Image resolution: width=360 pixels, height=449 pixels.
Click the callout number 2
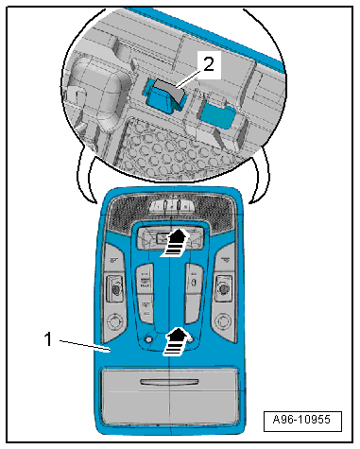(209, 64)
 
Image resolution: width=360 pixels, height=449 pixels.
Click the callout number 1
(48, 339)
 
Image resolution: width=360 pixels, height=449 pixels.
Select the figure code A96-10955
(301, 420)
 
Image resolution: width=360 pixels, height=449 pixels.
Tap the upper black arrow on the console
(174, 243)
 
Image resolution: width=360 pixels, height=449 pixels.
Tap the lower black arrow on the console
(176, 342)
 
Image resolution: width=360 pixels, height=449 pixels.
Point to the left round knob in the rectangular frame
(116, 288)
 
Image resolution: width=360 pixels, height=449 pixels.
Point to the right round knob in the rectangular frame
(224, 288)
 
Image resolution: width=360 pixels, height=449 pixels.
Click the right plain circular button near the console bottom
(223, 321)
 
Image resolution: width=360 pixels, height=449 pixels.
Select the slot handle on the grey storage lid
(169, 382)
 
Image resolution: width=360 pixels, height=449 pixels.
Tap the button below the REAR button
(146, 309)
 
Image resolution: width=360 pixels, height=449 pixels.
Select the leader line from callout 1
(84, 345)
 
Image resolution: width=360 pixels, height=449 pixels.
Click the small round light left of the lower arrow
(147, 339)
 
